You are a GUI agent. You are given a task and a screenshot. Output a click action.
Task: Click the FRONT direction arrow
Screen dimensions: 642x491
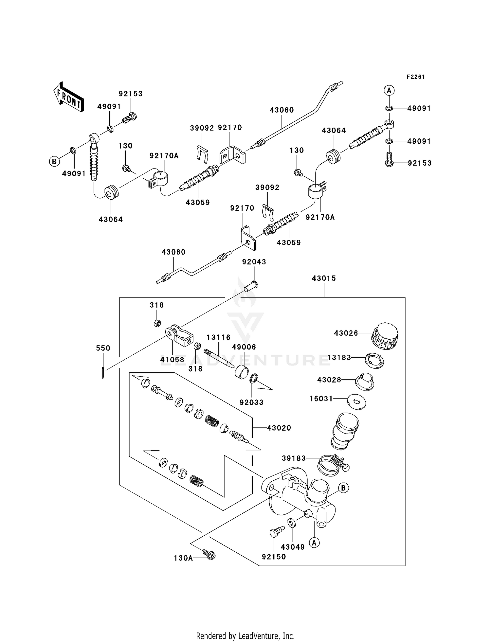[69, 97]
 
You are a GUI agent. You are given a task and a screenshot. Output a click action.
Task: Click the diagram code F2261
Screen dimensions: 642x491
[415, 77]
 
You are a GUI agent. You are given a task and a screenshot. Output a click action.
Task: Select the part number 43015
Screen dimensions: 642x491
[324, 278]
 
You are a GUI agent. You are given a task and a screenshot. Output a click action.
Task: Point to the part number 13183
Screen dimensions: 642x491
[339, 358]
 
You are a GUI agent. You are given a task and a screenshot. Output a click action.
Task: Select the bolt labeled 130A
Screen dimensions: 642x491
[209, 554]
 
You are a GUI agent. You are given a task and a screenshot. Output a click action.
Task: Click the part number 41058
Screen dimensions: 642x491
[172, 360]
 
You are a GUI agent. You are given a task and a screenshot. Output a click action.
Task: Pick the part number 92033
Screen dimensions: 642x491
[251, 402]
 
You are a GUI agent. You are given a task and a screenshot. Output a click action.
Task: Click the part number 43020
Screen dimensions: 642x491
[279, 428]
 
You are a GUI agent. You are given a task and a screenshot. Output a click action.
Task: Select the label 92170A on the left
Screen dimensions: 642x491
[164, 156]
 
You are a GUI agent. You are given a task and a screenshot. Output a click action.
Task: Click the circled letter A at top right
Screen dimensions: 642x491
[389, 90]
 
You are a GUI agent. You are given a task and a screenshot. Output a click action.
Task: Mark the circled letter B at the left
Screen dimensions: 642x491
[54, 161]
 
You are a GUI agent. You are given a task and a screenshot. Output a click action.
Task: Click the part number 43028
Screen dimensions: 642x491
[329, 380]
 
